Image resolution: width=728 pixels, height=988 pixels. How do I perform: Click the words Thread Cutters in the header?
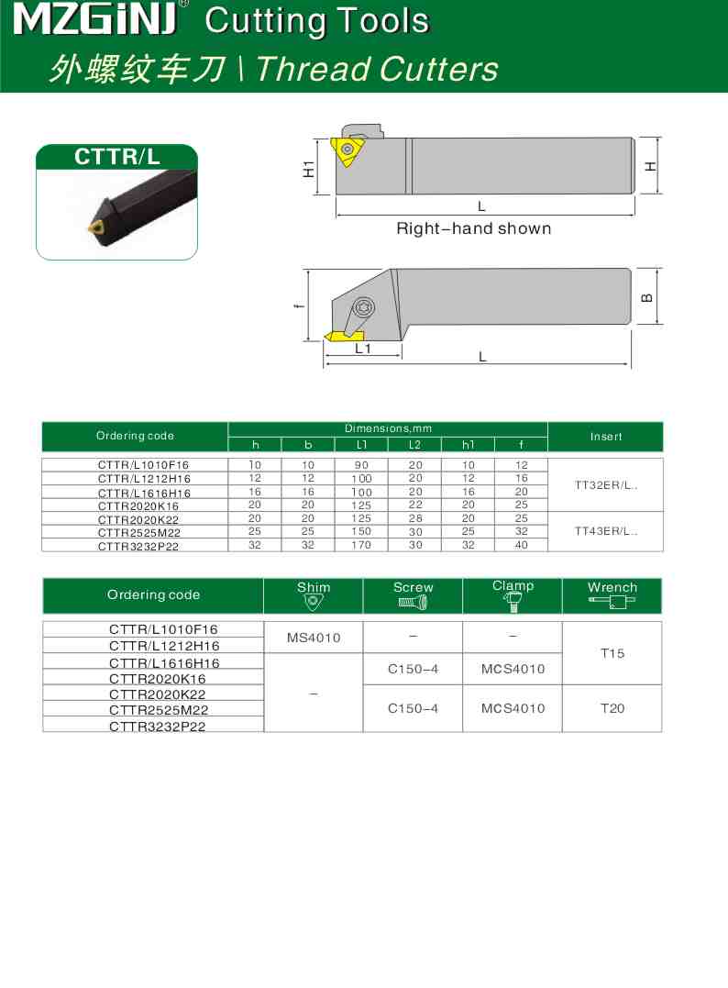coord(377,69)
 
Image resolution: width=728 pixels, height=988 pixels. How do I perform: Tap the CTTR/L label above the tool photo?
coord(116,157)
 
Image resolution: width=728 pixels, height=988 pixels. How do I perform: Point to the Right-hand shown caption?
coord(473,228)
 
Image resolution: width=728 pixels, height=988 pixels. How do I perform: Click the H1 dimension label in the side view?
coord(310,168)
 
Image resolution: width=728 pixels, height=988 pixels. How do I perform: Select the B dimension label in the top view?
coord(647,297)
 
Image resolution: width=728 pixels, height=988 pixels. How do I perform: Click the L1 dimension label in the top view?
coord(362,350)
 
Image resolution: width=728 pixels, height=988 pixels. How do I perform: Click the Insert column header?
coord(605,437)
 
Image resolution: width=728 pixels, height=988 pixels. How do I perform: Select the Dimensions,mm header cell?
coord(387,428)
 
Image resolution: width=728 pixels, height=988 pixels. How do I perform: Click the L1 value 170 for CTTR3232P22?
coord(361,545)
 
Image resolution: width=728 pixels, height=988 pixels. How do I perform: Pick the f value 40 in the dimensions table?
coord(521,545)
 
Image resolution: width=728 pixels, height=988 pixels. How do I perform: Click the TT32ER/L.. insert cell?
coord(605,484)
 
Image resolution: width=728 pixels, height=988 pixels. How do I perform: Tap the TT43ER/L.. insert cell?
coord(605,530)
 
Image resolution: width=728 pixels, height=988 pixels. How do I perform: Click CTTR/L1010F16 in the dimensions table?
coord(144,465)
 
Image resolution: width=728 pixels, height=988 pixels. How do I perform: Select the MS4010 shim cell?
coord(313,638)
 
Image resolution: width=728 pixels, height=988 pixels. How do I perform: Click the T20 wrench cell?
coord(612,708)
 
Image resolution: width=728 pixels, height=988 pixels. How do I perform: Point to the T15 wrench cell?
coord(612,653)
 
